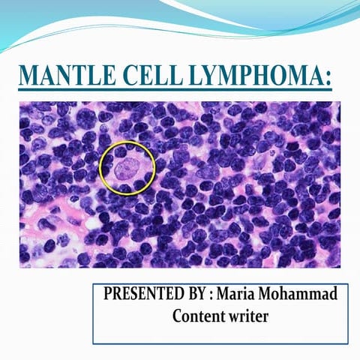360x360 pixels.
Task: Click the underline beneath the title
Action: point(175,91)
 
